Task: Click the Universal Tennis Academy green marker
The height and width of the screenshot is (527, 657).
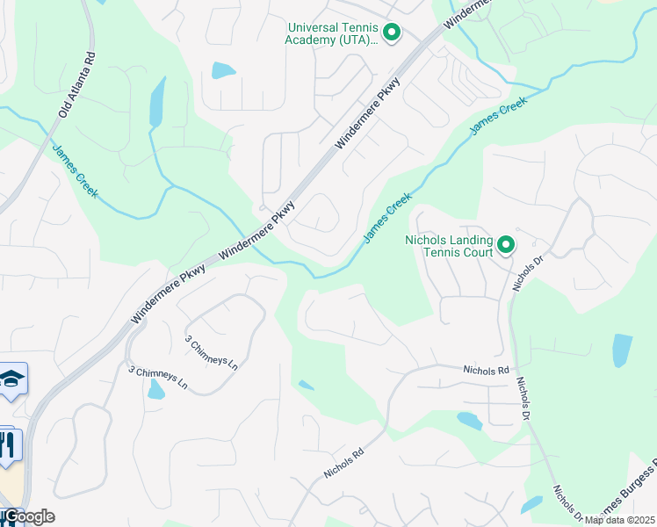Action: point(392,33)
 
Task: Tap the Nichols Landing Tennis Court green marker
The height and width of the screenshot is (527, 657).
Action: point(506,245)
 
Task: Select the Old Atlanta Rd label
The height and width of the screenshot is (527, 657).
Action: point(76,85)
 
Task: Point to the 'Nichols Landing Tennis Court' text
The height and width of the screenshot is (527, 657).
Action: point(448,246)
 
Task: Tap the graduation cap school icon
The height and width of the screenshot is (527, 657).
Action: point(12,379)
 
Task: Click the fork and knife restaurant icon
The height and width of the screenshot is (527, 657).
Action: point(6,444)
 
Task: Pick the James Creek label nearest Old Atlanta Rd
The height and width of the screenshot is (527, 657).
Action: point(75,170)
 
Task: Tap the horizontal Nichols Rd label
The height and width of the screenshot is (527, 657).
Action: point(486,372)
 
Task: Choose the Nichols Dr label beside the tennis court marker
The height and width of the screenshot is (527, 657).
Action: point(527,273)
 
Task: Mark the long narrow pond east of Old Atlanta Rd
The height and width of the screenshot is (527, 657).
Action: point(157,102)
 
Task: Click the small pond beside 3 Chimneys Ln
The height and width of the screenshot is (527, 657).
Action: point(155,389)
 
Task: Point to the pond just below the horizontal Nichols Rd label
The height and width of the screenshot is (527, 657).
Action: point(469,422)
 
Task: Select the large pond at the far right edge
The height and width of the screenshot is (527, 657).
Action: point(622,350)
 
